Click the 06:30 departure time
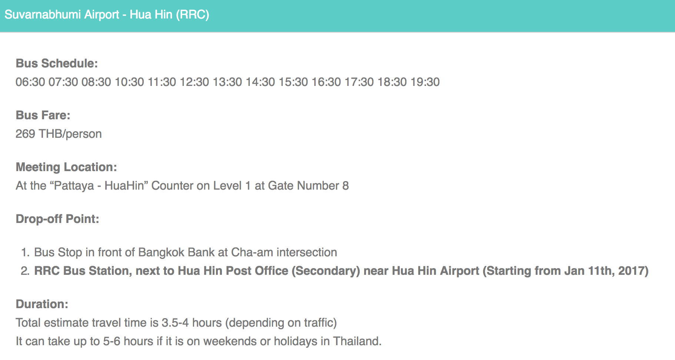click(30, 82)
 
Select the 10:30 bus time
click(129, 82)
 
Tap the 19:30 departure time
click(425, 82)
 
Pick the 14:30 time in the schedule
click(260, 82)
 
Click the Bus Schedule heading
click(57, 63)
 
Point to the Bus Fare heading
click(43, 115)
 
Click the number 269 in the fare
click(25, 134)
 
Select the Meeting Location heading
click(66, 167)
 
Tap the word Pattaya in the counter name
click(74, 186)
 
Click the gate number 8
click(345, 186)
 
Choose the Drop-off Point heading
click(57, 219)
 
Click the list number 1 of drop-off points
click(25, 252)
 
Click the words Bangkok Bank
click(176, 252)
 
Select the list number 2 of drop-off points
click(25, 271)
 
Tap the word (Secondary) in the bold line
click(326, 271)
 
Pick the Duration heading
click(42, 304)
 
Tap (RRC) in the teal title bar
click(193, 14)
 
